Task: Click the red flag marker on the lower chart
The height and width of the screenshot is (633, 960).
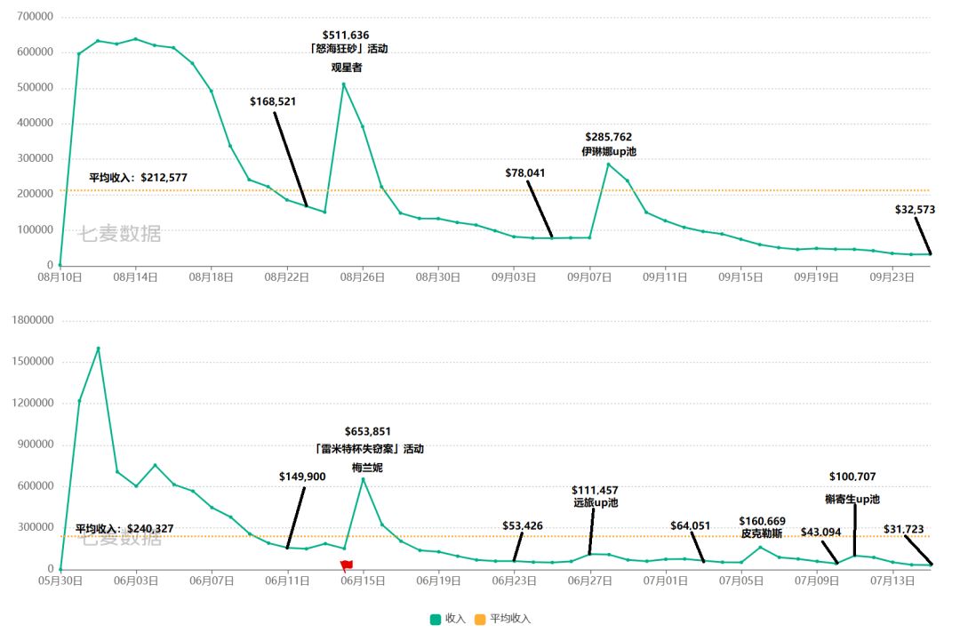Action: point(346,565)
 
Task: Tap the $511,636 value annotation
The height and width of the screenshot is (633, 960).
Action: point(345,36)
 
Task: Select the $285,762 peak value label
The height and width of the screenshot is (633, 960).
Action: point(609,137)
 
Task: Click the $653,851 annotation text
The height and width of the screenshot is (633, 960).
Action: point(367,431)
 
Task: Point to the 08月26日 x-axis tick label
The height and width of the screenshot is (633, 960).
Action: point(362,277)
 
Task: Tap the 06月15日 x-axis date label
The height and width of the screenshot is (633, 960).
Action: point(362,581)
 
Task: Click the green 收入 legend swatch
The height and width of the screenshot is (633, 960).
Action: point(436,619)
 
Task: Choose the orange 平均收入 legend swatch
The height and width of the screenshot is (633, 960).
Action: point(480,619)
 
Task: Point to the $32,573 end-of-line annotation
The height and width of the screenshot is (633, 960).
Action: point(915,210)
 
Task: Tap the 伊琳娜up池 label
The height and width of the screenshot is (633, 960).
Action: point(609,152)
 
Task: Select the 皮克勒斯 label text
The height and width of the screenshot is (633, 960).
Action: point(762,533)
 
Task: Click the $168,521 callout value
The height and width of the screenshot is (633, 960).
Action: point(273,101)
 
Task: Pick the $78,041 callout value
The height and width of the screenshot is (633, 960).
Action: point(525,172)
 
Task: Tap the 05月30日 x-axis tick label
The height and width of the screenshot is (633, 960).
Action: point(60,581)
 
